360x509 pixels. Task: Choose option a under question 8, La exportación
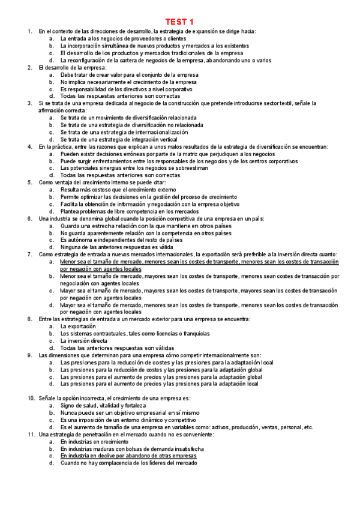tap(78, 326)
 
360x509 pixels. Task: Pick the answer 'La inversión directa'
tap(84, 340)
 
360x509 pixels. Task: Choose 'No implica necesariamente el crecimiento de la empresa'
tap(128, 82)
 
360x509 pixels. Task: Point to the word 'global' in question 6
tap(109, 218)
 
